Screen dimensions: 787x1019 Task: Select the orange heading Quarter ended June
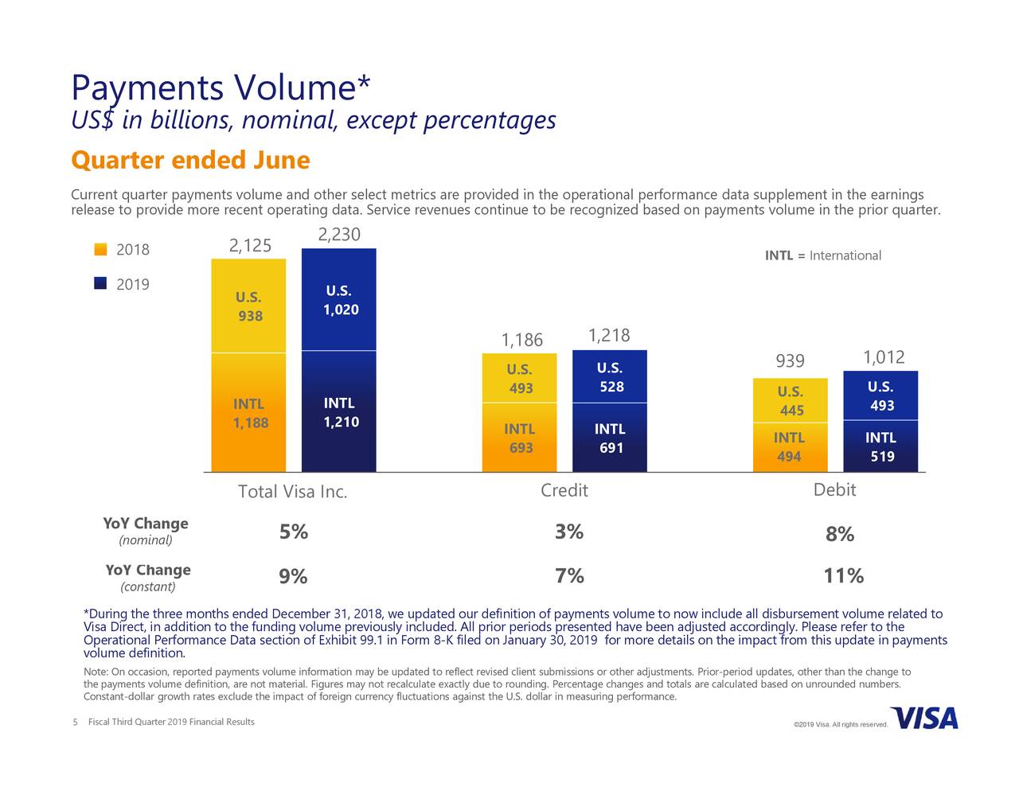pyautogui.click(x=189, y=161)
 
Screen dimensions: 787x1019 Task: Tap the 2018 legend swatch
pyautogui.click(x=100, y=250)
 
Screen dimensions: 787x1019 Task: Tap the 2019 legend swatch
pyautogui.click(x=100, y=284)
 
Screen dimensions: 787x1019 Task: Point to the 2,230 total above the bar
pyautogui.click(x=339, y=235)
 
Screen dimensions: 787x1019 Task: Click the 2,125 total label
pyautogui.click(x=250, y=246)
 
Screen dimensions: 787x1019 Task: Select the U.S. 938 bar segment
pyautogui.click(x=248, y=306)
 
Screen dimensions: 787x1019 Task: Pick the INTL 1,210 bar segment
pyautogui.click(x=339, y=412)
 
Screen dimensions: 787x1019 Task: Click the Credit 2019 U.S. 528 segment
pyautogui.click(x=610, y=378)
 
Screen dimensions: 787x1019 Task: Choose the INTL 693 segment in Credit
pyautogui.click(x=520, y=438)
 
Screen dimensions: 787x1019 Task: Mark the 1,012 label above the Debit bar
pyautogui.click(x=884, y=357)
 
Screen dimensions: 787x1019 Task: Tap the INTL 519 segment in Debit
pyautogui.click(x=880, y=446)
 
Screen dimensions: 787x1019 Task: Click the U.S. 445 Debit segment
pyautogui.click(x=791, y=401)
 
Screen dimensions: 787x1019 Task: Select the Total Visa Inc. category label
pyautogui.click(x=292, y=492)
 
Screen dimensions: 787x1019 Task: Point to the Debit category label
pyautogui.click(x=834, y=490)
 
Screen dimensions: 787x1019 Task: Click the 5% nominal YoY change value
pyautogui.click(x=294, y=532)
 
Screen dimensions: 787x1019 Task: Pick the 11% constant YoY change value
pyautogui.click(x=844, y=576)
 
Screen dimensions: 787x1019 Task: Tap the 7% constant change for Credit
pyautogui.click(x=569, y=576)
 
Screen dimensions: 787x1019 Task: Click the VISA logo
pyautogui.click(x=924, y=718)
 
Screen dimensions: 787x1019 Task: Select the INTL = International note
pyautogui.click(x=822, y=255)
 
